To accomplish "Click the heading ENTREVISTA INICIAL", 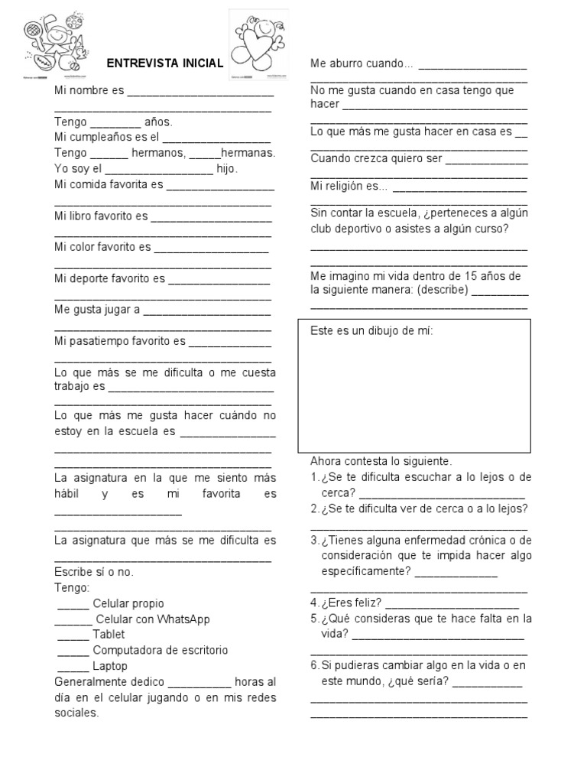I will coord(164,63).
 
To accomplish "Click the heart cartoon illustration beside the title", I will coord(259,43).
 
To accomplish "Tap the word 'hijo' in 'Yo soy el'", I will coord(227,169).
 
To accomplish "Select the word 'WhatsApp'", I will coord(183,619).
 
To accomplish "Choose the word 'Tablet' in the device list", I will coord(109,635).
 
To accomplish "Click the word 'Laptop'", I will coord(110,666).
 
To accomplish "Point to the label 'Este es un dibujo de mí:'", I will coord(371,331).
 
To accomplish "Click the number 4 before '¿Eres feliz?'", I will coord(314,603).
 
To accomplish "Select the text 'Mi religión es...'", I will coord(349,186).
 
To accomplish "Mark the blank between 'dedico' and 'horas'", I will coord(199,683).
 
